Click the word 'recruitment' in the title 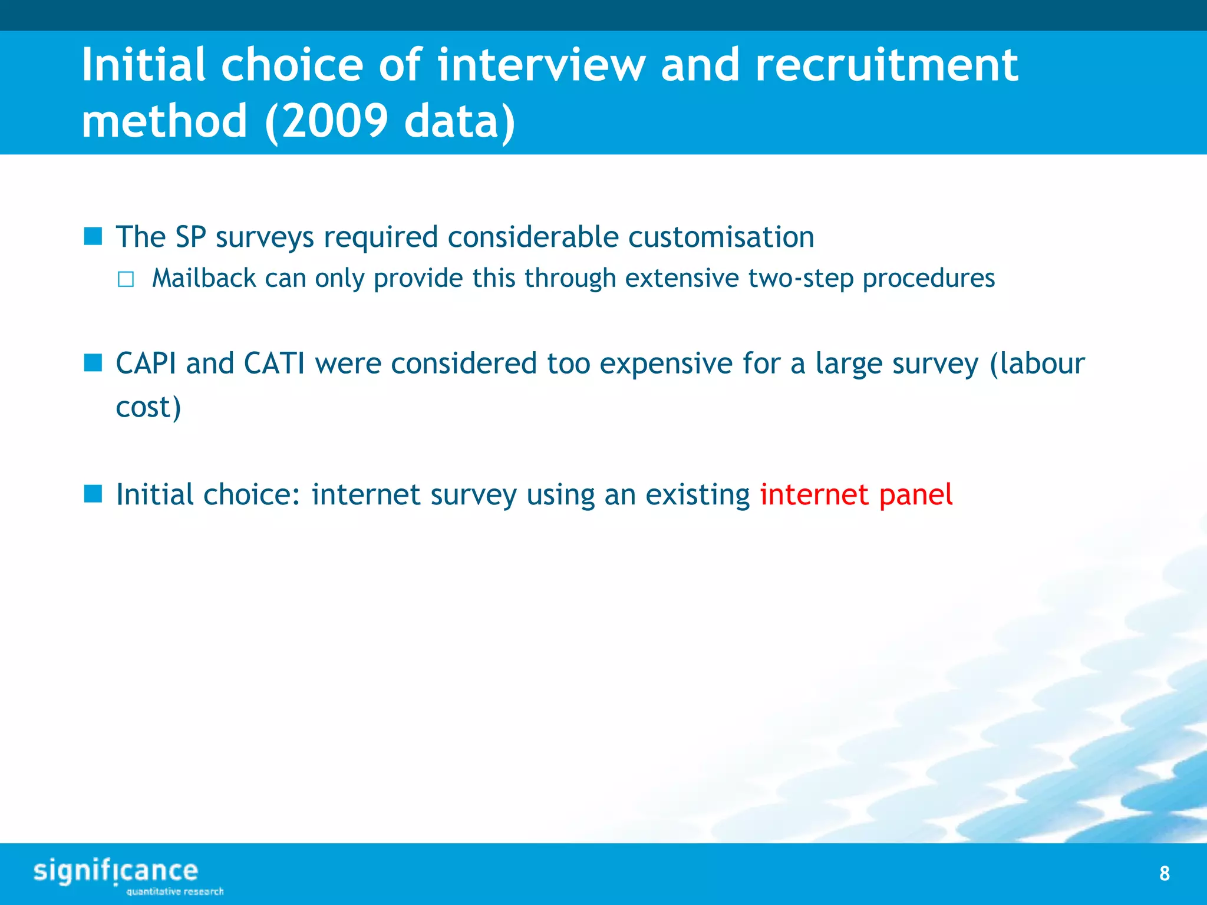click(886, 65)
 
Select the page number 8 click(1164, 873)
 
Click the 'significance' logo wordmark click(116, 871)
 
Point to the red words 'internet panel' click(856, 494)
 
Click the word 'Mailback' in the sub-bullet click(204, 278)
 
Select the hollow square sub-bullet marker click(126, 279)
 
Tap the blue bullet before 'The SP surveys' click(93, 237)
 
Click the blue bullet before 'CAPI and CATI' click(93, 363)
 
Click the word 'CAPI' click(146, 364)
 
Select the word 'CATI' click(274, 364)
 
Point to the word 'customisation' click(721, 237)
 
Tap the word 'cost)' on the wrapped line click(148, 407)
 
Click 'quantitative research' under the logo click(175, 891)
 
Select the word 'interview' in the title click(541, 65)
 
